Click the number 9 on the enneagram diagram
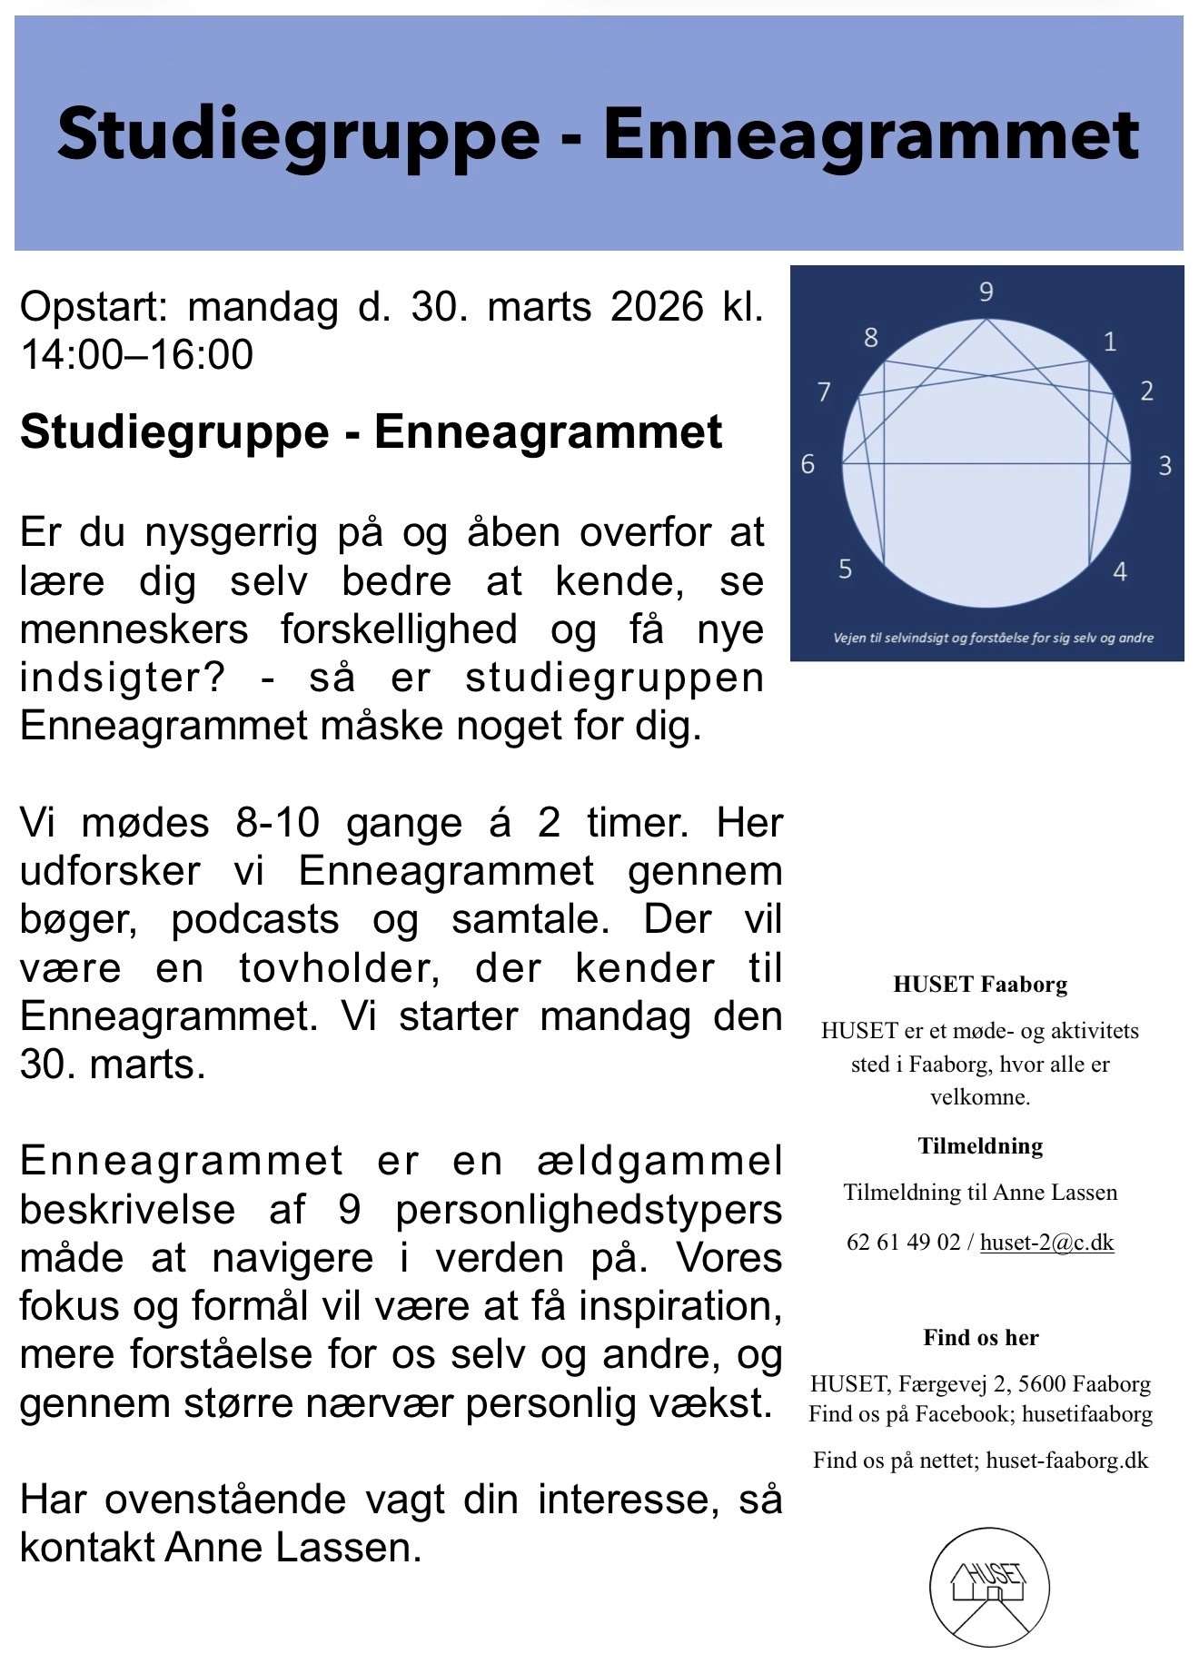pyautogui.click(x=986, y=292)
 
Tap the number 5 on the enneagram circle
pyautogui.click(x=845, y=570)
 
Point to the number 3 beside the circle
pyautogui.click(x=1164, y=466)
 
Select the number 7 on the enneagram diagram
pyautogui.click(x=824, y=392)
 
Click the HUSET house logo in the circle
pyautogui.click(x=989, y=1587)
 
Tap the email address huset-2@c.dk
pyautogui.click(x=1046, y=1242)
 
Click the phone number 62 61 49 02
pyautogui.click(x=903, y=1242)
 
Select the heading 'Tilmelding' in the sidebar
pyautogui.click(x=980, y=1145)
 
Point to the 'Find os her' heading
pyautogui.click(x=981, y=1337)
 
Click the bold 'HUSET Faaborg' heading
pyautogui.click(x=980, y=984)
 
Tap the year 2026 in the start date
pyautogui.click(x=657, y=307)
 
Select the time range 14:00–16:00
pyautogui.click(x=136, y=355)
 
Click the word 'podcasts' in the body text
pyautogui.click(x=255, y=919)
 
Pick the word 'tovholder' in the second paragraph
pyautogui.click(x=340, y=967)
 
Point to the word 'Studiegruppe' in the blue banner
pyautogui.click(x=299, y=134)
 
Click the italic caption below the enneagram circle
pyautogui.click(x=993, y=638)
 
